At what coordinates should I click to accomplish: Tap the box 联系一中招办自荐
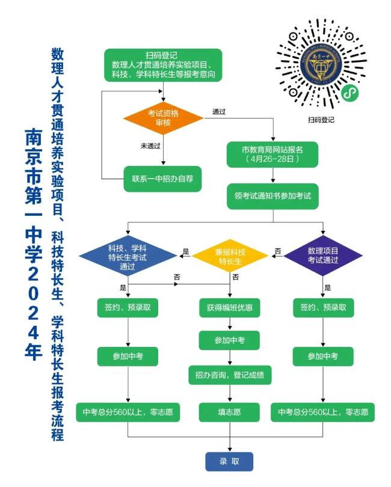pos(162,179)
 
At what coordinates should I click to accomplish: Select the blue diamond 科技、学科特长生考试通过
pos(128,256)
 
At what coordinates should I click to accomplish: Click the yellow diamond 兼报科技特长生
pos(230,256)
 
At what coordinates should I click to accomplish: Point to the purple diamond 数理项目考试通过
pos(323,256)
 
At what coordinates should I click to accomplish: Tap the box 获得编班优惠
pos(230,308)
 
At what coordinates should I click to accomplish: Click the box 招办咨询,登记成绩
pos(230,376)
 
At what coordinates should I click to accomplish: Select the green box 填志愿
pos(229,412)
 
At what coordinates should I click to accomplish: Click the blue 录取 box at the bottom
pos(229,461)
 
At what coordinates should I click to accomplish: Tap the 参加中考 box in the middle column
pos(229,340)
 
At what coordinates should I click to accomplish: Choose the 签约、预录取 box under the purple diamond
pos(323,308)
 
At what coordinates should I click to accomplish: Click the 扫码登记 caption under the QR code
pos(321,120)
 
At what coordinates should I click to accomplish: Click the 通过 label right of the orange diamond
pos(219,112)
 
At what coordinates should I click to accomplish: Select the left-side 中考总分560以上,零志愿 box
pos(128,412)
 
